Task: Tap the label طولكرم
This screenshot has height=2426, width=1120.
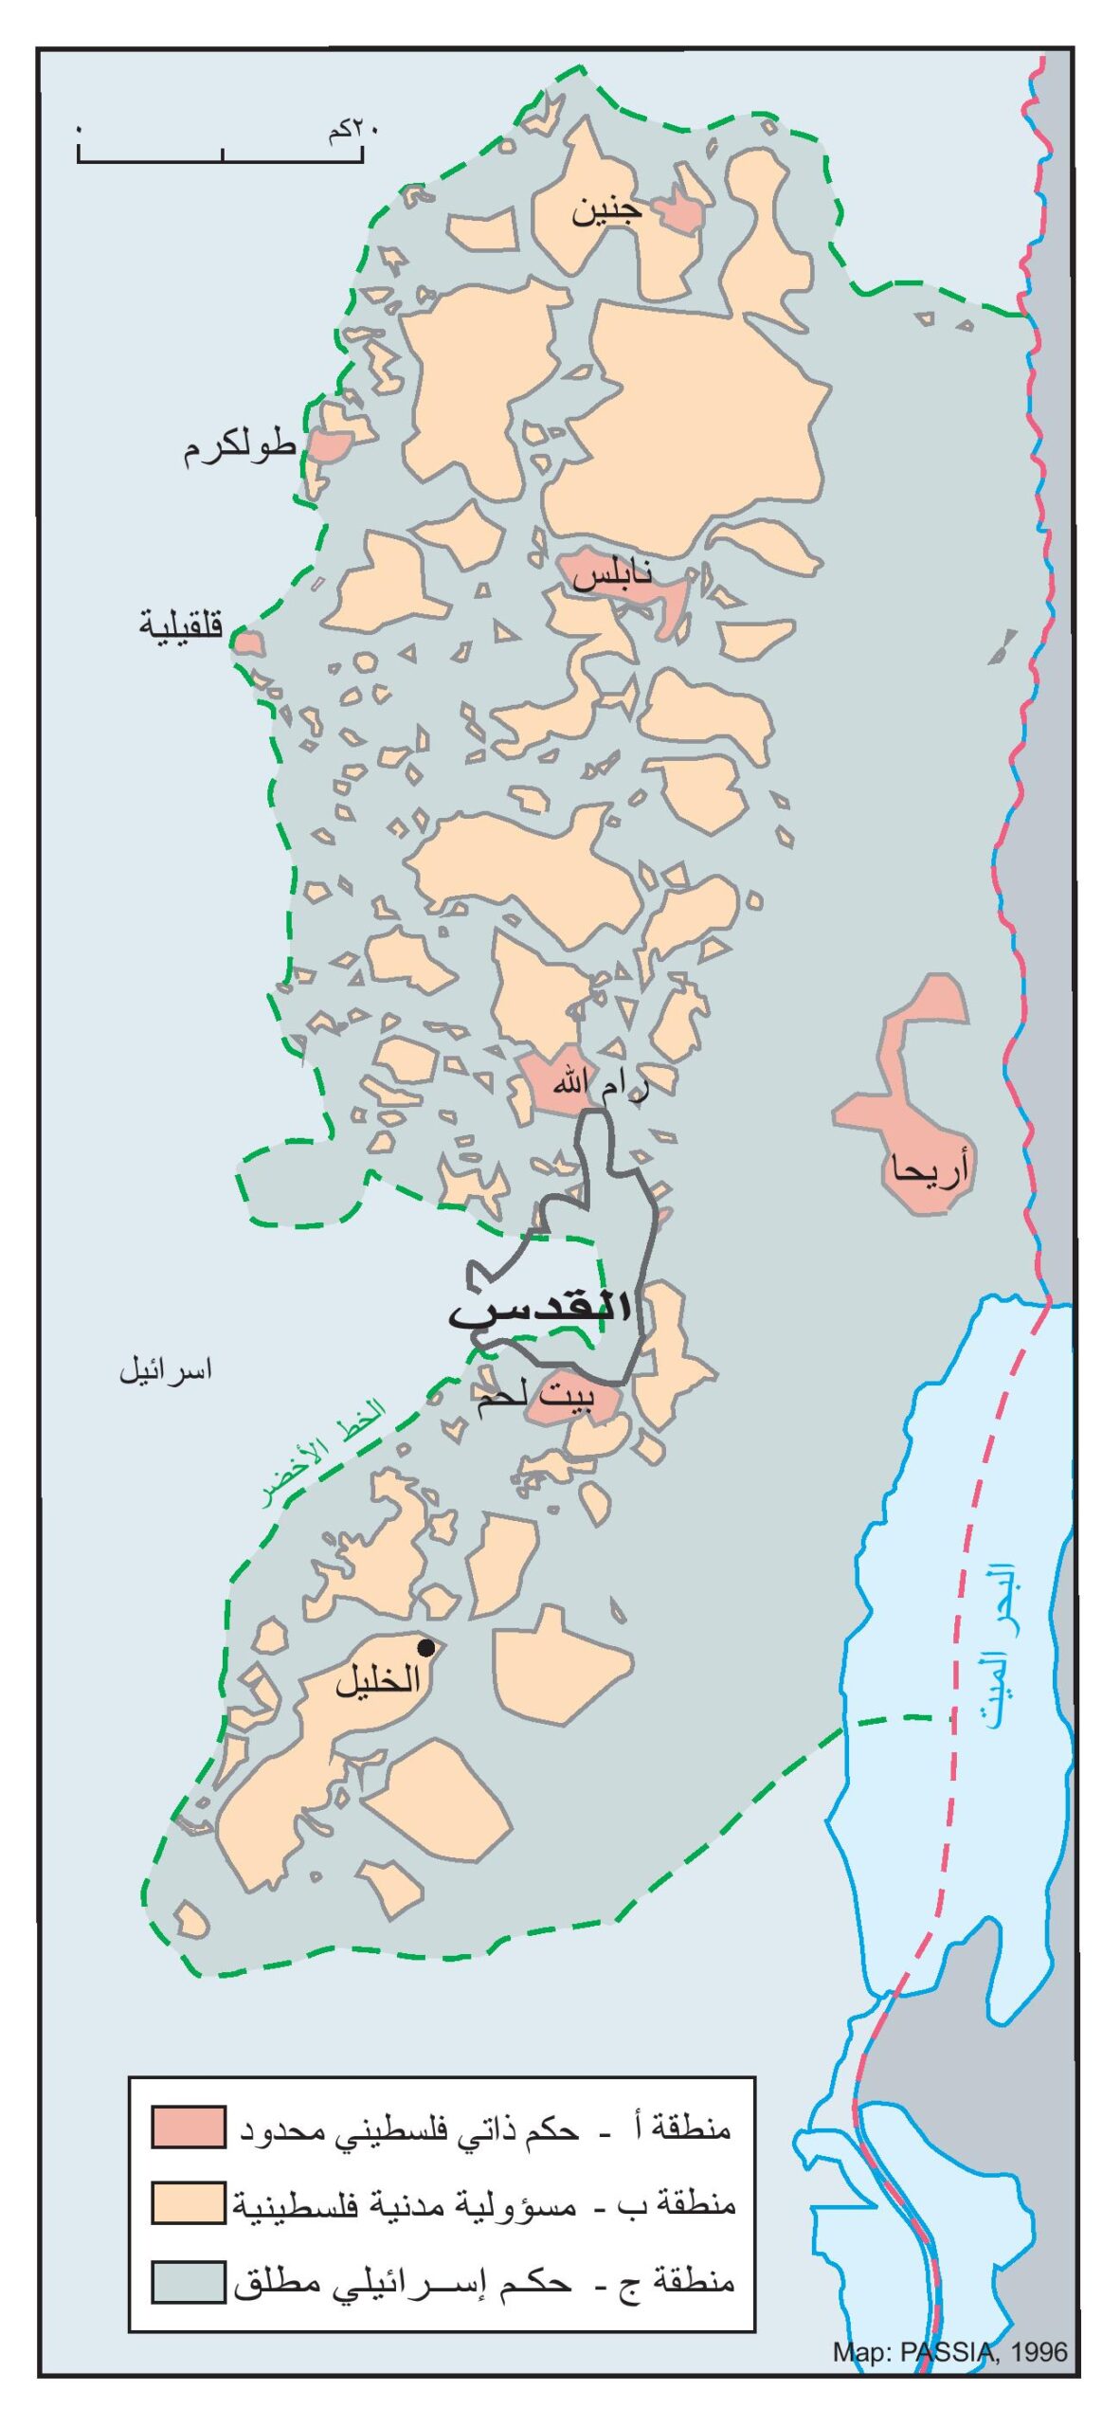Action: [239, 446]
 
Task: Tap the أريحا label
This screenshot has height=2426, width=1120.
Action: [930, 1171]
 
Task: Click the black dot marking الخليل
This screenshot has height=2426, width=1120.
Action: [426, 1647]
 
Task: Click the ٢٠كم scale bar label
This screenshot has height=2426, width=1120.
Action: [352, 129]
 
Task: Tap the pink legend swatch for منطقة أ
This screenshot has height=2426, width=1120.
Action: [189, 2127]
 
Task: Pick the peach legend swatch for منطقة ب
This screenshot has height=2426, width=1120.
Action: [189, 2202]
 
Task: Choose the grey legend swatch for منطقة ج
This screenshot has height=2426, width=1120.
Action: [189, 2280]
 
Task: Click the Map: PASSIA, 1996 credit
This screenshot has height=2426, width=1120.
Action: [949, 2351]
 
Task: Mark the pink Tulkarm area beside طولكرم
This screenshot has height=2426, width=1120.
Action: [331, 445]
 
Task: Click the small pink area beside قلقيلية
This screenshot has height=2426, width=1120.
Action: [248, 643]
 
